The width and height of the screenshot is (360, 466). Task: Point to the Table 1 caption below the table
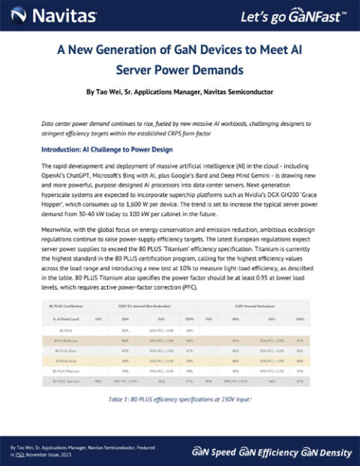click(179, 398)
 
